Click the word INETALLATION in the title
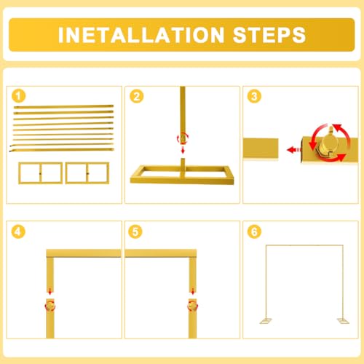(x=141, y=35)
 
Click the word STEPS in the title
(x=269, y=35)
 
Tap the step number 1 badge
(x=18, y=96)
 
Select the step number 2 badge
(x=137, y=96)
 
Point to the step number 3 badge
(x=254, y=96)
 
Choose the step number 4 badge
(x=18, y=232)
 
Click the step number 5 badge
(x=135, y=232)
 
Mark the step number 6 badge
(x=254, y=232)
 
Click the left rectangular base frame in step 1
(x=41, y=173)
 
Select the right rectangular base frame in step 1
(x=87, y=173)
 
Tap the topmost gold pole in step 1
(x=63, y=106)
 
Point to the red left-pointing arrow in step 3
(x=293, y=150)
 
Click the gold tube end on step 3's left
(x=261, y=149)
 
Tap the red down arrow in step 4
(x=50, y=291)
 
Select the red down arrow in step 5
(x=193, y=291)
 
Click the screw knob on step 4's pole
(x=50, y=306)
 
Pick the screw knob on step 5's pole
(x=193, y=306)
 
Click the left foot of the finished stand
(x=266, y=321)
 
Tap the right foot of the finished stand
(x=343, y=321)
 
